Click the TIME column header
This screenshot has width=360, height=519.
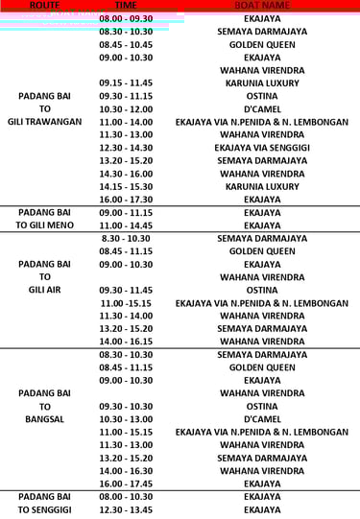(x=126, y=6)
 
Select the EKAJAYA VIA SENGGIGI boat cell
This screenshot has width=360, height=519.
(x=262, y=148)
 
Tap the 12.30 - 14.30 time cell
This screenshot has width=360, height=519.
(x=126, y=148)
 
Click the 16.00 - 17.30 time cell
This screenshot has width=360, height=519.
(x=126, y=199)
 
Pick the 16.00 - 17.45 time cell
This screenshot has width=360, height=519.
(x=126, y=484)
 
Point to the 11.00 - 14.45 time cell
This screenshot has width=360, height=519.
(x=126, y=224)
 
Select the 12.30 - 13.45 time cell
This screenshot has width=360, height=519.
(x=126, y=509)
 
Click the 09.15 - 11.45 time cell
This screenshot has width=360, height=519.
(x=126, y=83)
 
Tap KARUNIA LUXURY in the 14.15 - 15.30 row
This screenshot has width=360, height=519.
(x=262, y=186)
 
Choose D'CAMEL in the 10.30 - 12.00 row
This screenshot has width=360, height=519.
(x=262, y=108)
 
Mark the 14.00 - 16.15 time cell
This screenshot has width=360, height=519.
(x=126, y=341)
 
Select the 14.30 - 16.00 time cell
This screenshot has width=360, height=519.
(x=126, y=173)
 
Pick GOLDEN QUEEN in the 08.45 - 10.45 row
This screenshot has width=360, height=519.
(x=262, y=44)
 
